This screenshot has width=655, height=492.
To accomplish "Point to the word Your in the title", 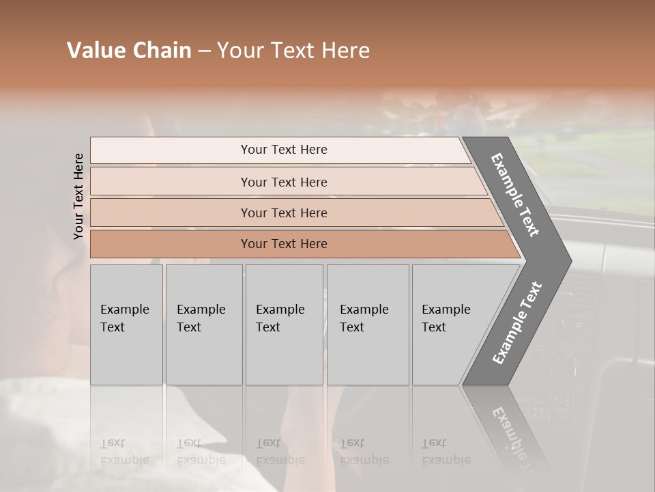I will (239, 51).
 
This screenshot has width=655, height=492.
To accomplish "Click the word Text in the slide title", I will (291, 51).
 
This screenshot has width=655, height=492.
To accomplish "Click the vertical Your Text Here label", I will (78, 196).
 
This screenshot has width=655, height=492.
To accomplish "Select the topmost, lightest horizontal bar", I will (283, 150).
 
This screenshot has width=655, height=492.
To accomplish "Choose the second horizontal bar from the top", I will (283, 182).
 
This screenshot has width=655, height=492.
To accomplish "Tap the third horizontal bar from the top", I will (283, 213).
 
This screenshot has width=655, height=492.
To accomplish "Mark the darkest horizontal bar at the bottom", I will (283, 244).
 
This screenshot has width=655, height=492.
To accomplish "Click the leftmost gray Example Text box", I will (126, 325).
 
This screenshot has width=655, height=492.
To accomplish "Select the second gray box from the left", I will (203, 325).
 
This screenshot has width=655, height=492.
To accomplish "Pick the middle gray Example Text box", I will (283, 325).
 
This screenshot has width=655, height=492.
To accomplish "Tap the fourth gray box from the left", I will (367, 325).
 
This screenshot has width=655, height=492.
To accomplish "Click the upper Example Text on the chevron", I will (516, 195).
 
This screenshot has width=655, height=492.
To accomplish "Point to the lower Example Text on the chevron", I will (516, 323).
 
